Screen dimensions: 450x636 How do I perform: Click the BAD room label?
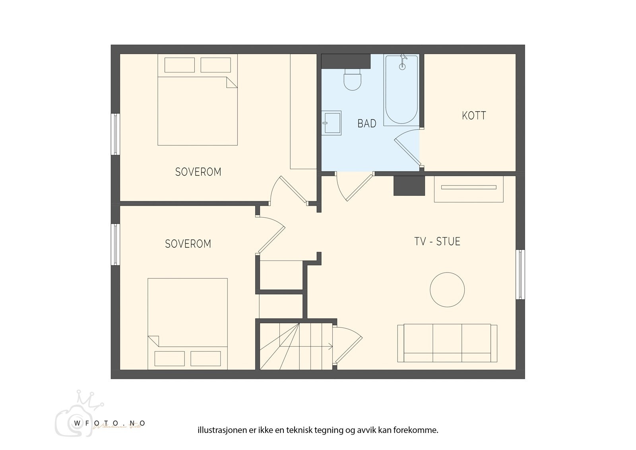(x=366, y=123)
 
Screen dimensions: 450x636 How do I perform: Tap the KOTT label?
(x=474, y=116)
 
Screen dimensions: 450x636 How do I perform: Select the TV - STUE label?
(x=437, y=242)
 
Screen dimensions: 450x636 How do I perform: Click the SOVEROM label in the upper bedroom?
(x=198, y=172)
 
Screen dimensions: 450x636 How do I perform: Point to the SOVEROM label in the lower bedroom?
(x=188, y=244)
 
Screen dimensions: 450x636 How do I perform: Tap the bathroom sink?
(x=331, y=123)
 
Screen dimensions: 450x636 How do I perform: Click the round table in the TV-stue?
(x=447, y=289)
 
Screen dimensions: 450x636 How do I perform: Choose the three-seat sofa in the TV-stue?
(x=447, y=343)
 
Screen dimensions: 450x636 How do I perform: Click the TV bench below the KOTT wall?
(x=469, y=188)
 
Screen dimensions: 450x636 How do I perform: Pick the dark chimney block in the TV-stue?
(x=409, y=185)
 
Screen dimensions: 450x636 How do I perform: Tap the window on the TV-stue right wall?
(x=520, y=275)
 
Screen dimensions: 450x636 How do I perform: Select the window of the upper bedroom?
(x=115, y=134)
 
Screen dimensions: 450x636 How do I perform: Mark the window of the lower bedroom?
(x=115, y=244)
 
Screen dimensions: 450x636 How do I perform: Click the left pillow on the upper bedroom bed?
(x=179, y=65)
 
